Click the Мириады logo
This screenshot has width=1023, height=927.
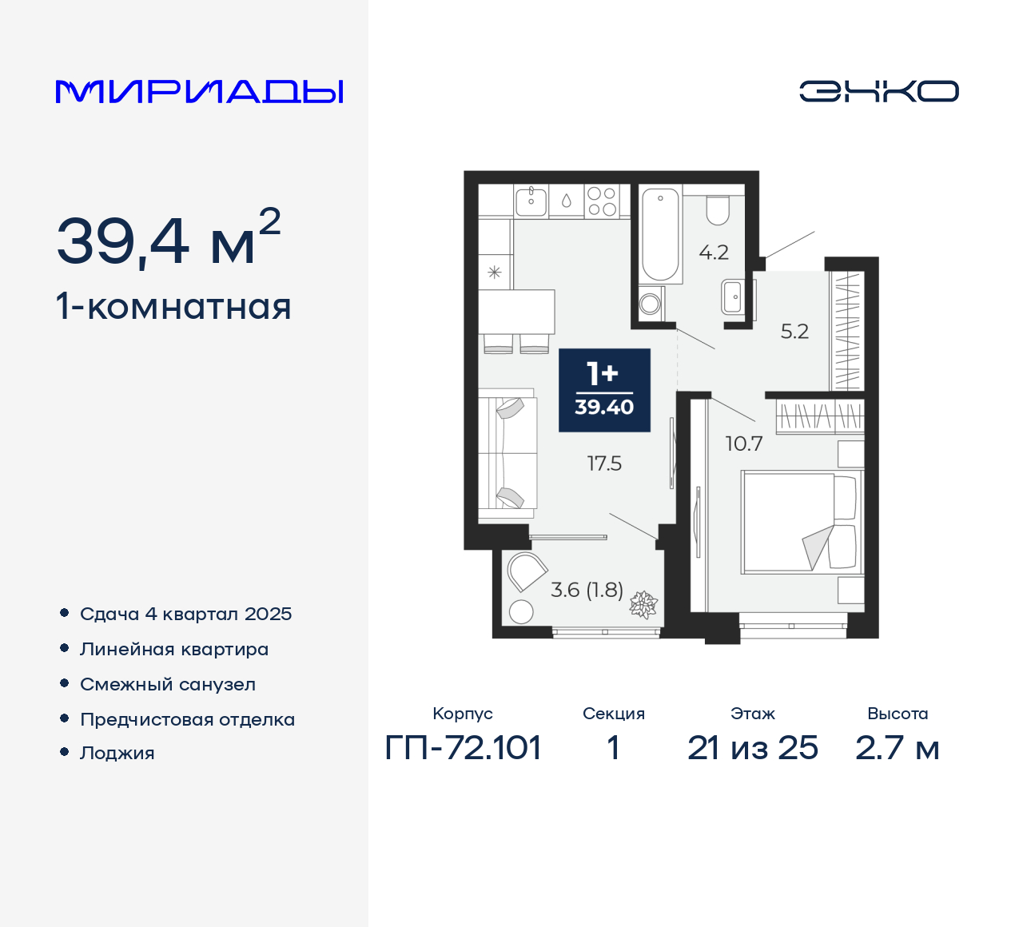199,92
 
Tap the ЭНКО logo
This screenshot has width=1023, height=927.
878,91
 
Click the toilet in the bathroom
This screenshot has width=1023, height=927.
718,209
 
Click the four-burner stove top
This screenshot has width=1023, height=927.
601,201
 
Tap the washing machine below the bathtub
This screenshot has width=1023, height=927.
651,303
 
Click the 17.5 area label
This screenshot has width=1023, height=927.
604,463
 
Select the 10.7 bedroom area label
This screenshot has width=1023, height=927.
743,444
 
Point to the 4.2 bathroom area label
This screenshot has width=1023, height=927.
714,253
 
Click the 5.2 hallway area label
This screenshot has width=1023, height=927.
794,332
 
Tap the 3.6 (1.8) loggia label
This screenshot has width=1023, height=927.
587,590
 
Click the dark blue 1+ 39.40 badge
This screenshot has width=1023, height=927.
604,390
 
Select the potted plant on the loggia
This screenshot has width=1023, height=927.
643,605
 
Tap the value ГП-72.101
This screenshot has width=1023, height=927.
463,748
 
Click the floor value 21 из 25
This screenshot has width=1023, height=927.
752,748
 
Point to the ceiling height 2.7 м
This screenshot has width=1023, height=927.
897,748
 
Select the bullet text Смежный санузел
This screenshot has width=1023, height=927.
168,685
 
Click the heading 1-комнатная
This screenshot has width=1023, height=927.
173,307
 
